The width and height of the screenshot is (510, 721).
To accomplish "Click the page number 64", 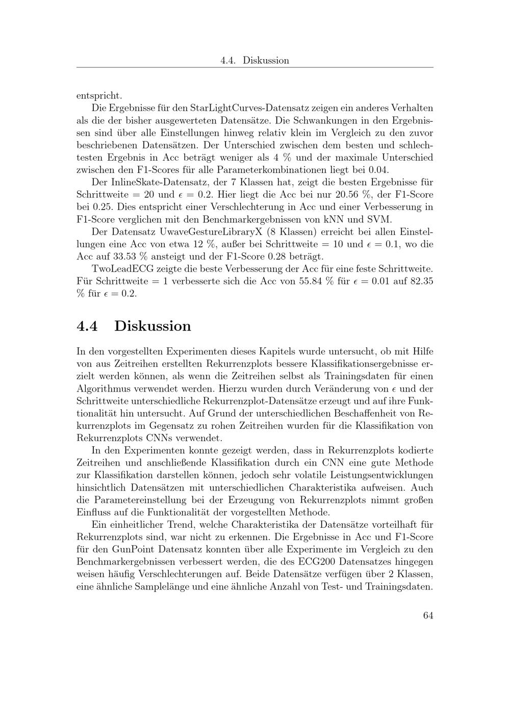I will (x=427, y=615).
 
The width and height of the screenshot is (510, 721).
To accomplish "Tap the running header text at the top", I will (x=254, y=60).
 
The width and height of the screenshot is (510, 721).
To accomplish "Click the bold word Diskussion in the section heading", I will (x=152, y=326).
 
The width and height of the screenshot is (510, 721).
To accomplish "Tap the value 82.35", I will (x=419, y=281).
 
